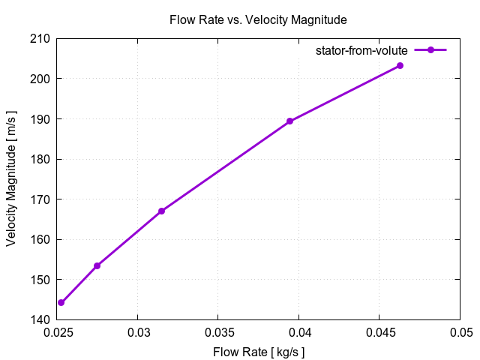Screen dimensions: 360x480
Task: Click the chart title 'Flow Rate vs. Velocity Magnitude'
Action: click(x=258, y=19)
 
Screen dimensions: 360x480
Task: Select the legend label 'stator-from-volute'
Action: click(x=361, y=50)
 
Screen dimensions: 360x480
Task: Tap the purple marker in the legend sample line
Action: click(x=430, y=50)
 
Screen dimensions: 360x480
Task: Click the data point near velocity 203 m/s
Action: click(x=400, y=66)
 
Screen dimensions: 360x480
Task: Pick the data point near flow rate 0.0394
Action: click(x=289, y=121)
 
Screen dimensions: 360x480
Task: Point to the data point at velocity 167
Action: click(x=161, y=211)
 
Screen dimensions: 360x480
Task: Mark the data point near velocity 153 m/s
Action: click(x=97, y=265)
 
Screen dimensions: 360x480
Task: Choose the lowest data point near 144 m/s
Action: click(x=61, y=302)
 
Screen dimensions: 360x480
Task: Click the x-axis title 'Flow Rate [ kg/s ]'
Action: click(x=258, y=351)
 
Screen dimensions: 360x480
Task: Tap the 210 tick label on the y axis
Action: click(x=39, y=38)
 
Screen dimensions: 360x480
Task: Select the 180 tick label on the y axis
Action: click(x=39, y=159)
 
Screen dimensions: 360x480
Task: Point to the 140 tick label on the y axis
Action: click(x=39, y=320)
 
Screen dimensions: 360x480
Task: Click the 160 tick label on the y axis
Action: click(x=39, y=240)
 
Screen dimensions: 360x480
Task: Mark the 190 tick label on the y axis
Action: click(x=39, y=119)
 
